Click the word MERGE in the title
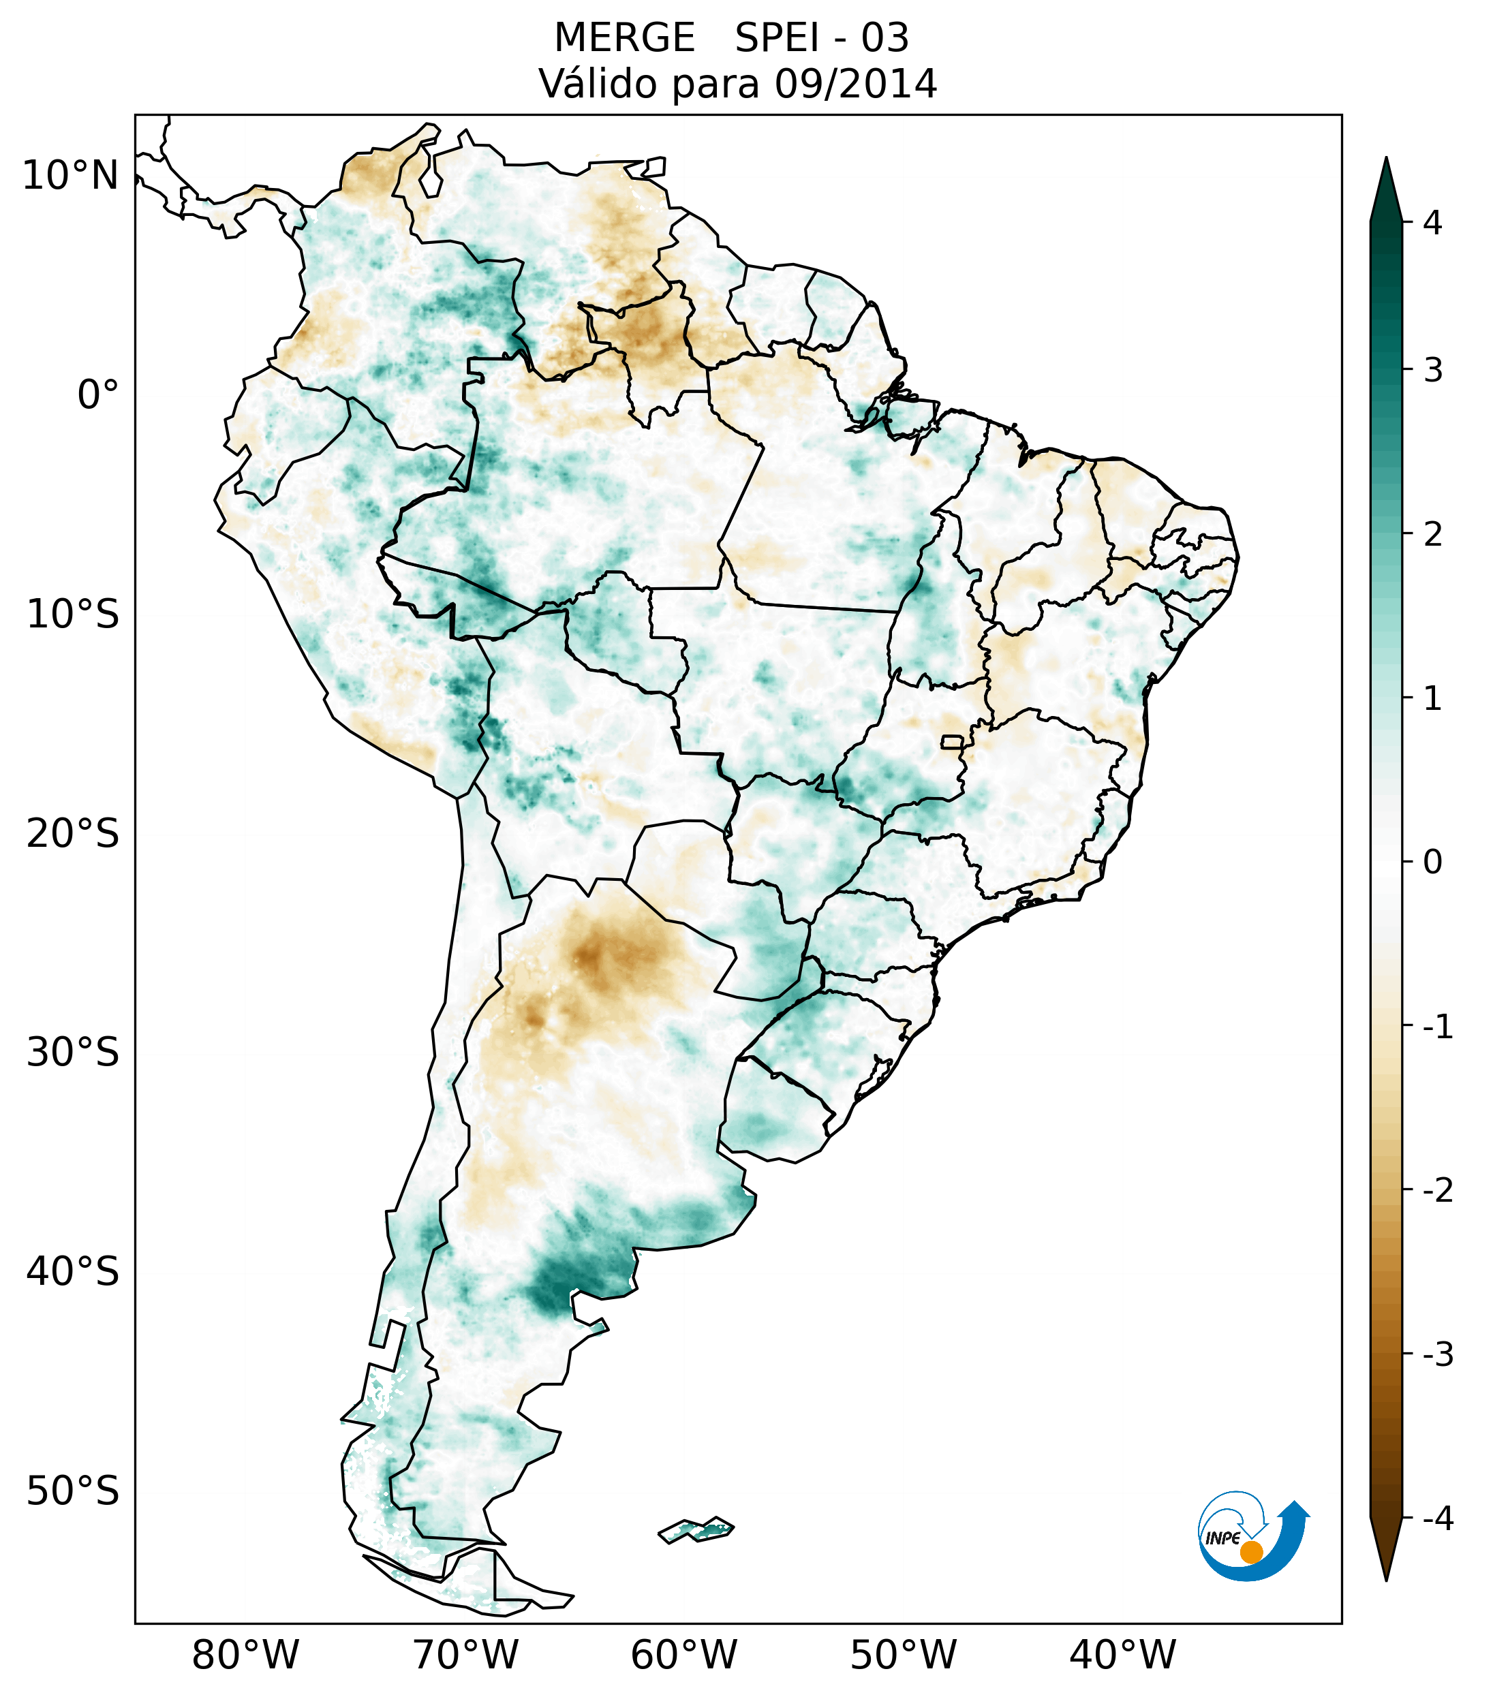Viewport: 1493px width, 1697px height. pyautogui.click(x=624, y=38)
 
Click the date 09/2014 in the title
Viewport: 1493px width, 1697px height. pyautogui.click(x=855, y=84)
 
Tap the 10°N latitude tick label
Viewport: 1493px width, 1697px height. pyautogui.click(x=71, y=176)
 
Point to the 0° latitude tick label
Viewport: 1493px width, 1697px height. pyautogui.click(x=98, y=395)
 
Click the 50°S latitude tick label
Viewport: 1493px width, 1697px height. pyautogui.click(x=73, y=1492)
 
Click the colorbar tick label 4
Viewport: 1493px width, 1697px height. pyautogui.click(x=1432, y=223)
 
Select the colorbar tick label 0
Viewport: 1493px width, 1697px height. pyautogui.click(x=1432, y=862)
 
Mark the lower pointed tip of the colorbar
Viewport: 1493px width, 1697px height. pyautogui.click(x=1385, y=1579)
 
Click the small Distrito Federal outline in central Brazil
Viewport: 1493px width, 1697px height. pyautogui.click(x=953, y=741)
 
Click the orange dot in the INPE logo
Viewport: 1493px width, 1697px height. pyautogui.click(x=1250, y=1552)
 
